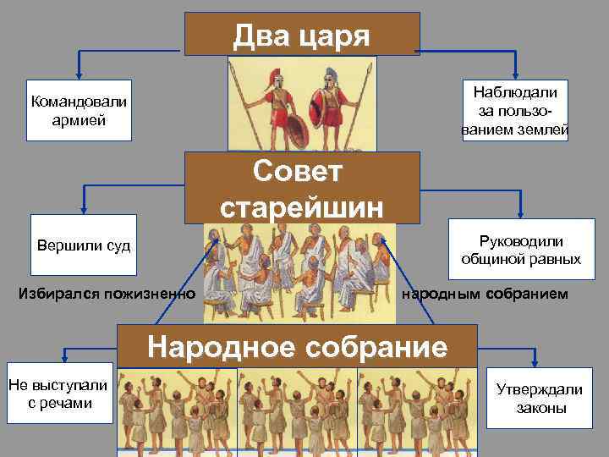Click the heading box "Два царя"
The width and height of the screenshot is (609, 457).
click(x=302, y=35)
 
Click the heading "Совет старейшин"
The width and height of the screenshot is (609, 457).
click(x=302, y=188)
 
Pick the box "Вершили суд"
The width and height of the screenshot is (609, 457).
click(x=83, y=246)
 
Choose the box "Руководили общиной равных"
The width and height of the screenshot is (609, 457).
click(x=521, y=250)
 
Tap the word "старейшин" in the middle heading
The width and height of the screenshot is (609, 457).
click(x=302, y=206)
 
